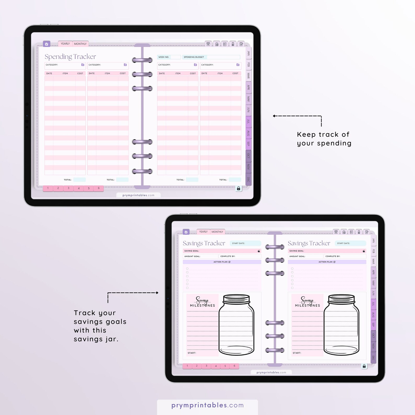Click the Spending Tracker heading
[70, 56]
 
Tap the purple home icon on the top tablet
[47, 44]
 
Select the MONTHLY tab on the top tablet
[80, 44]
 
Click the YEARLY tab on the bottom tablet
[203, 232]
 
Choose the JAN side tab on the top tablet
[249, 53]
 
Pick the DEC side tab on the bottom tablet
[373, 358]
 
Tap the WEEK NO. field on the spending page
[169, 57]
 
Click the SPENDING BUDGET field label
[194, 57]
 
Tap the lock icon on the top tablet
[238, 188]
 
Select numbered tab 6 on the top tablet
[99, 188]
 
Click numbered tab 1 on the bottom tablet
[187, 366]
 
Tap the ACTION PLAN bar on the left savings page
[222, 262]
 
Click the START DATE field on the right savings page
[350, 243]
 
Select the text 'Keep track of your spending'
[324, 139]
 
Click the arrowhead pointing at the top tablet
[274, 116]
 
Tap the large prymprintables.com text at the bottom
[208, 405]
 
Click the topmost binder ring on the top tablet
[142, 60]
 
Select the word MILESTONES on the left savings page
[203, 306]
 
